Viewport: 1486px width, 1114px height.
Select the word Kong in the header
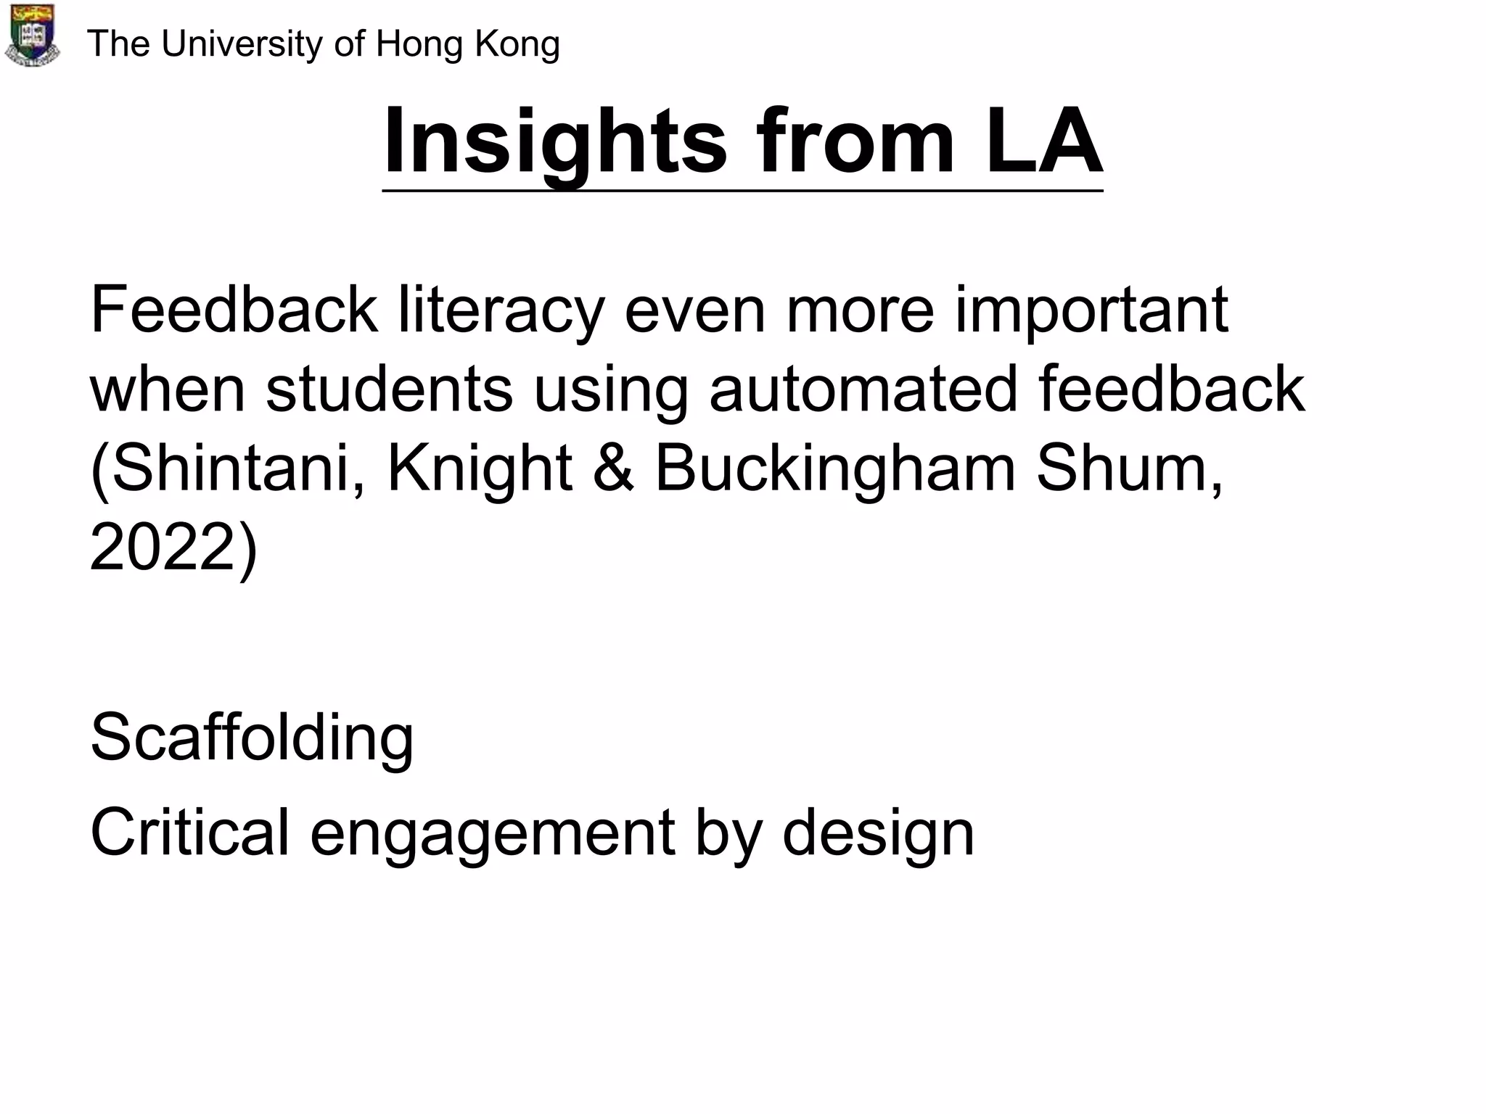click(x=517, y=45)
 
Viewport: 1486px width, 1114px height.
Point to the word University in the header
click(x=242, y=45)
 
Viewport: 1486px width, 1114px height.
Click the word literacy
click(x=501, y=311)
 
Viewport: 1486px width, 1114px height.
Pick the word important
click(x=1091, y=311)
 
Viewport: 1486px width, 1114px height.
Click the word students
click(x=389, y=389)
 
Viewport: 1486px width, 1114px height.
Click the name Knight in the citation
click(x=480, y=469)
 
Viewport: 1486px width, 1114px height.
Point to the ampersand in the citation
click(x=614, y=469)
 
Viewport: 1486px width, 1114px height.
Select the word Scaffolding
click(x=252, y=738)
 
